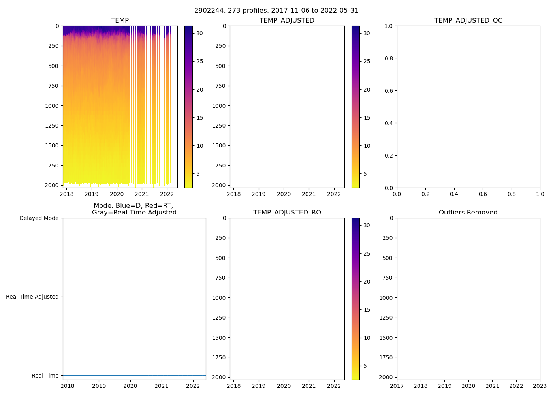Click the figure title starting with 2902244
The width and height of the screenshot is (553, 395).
[x=276, y=11]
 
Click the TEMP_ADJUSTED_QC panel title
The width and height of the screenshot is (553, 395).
[x=468, y=21]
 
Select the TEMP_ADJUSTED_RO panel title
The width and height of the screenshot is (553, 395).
[x=287, y=213]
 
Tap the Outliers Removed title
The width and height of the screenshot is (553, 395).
[x=468, y=213]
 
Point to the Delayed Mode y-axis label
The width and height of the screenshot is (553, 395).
[x=39, y=218]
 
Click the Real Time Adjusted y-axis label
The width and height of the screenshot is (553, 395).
[x=32, y=297]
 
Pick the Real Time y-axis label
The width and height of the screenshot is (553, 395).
[x=45, y=376]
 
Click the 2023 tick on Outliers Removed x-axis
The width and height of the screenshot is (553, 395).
[x=540, y=386]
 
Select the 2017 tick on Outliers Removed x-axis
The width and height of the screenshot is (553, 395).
[x=397, y=386]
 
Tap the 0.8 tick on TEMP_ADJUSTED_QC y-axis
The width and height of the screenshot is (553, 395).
[x=389, y=58]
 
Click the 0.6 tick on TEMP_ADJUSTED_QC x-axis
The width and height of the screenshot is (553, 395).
[x=483, y=194]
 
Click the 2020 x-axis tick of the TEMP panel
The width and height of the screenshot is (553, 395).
[x=117, y=194]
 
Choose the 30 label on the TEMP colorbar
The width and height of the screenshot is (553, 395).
[x=200, y=33]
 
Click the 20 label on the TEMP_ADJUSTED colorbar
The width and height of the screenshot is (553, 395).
[x=367, y=90]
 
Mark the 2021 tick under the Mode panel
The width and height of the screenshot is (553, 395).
[x=162, y=386]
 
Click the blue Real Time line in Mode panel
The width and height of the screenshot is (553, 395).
[x=134, y=375]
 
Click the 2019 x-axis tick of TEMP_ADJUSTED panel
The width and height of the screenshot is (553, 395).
[x=259, y=194]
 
